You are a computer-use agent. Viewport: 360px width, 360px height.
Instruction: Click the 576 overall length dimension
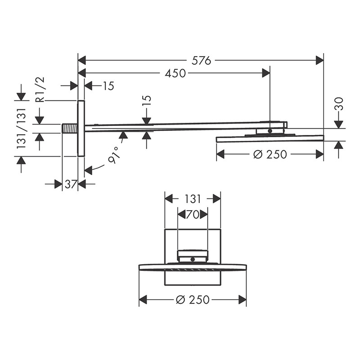click(x=201, y=61)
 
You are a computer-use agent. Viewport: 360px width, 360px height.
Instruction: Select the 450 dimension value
click(x=175, y=73)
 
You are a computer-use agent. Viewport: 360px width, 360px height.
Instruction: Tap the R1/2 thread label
click(x=40, y=90)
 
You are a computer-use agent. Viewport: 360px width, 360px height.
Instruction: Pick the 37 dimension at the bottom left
click(x=70, y=184)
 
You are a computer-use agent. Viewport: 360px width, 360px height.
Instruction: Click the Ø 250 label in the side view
click(x=270, y=154)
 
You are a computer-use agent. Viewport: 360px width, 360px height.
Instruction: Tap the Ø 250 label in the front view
click(x=193, y=300)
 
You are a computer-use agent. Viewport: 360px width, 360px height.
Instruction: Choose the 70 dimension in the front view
click(x=193, y=215)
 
